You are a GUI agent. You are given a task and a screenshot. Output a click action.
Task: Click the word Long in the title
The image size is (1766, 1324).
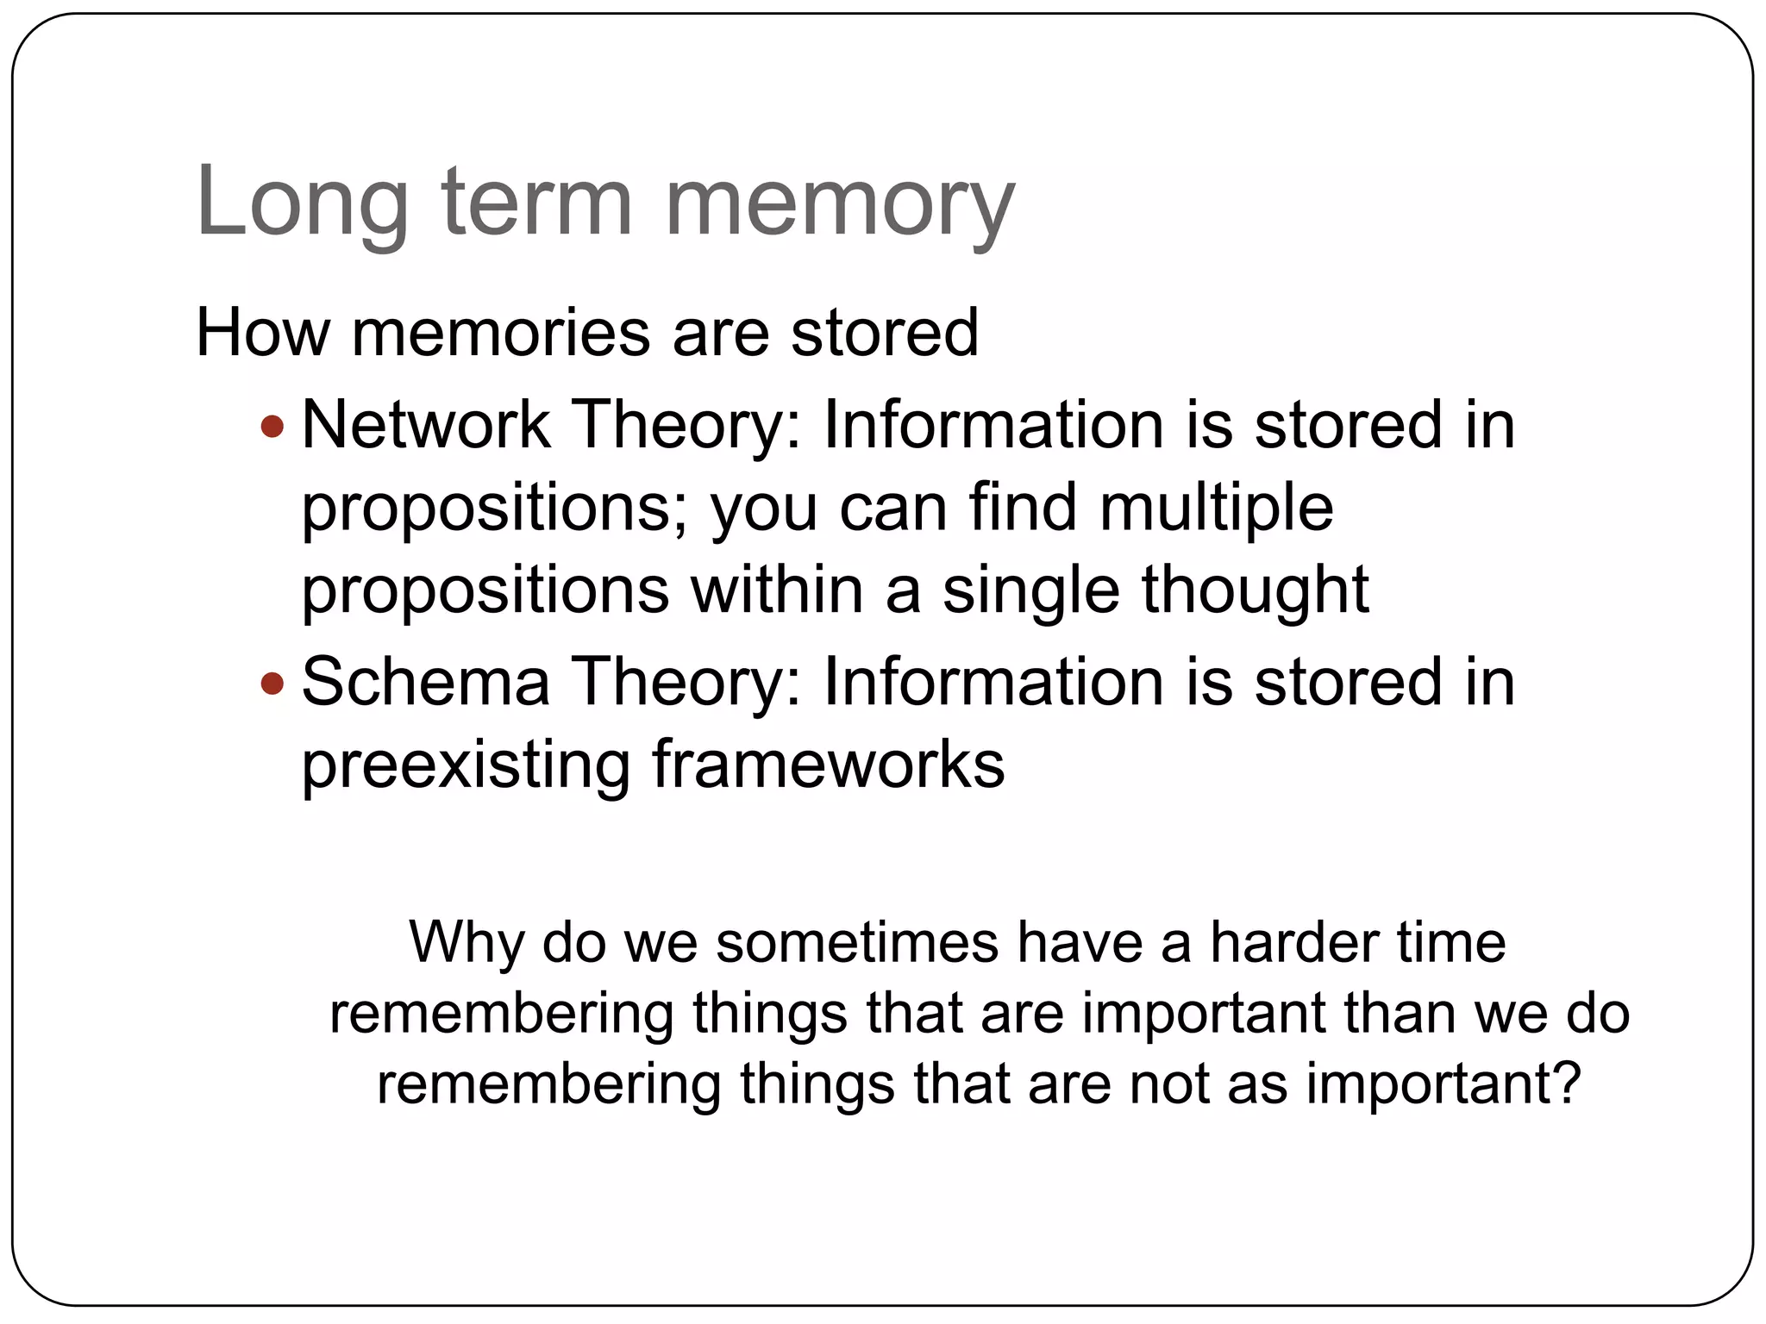point(302,203)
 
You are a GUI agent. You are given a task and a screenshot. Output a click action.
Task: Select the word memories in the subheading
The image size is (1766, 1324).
point(500,333)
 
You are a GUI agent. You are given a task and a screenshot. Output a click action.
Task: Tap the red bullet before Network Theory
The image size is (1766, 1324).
point(272,426)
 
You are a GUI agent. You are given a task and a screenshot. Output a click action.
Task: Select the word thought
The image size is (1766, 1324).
point(1256,591)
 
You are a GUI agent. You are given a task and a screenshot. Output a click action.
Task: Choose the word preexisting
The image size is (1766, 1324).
point(466,765)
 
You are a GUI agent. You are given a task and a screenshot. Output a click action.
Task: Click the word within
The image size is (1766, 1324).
point(777,590)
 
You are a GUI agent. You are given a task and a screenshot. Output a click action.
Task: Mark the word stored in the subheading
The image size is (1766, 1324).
point(884,333)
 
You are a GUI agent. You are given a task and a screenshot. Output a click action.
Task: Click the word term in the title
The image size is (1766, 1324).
point(537,203)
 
